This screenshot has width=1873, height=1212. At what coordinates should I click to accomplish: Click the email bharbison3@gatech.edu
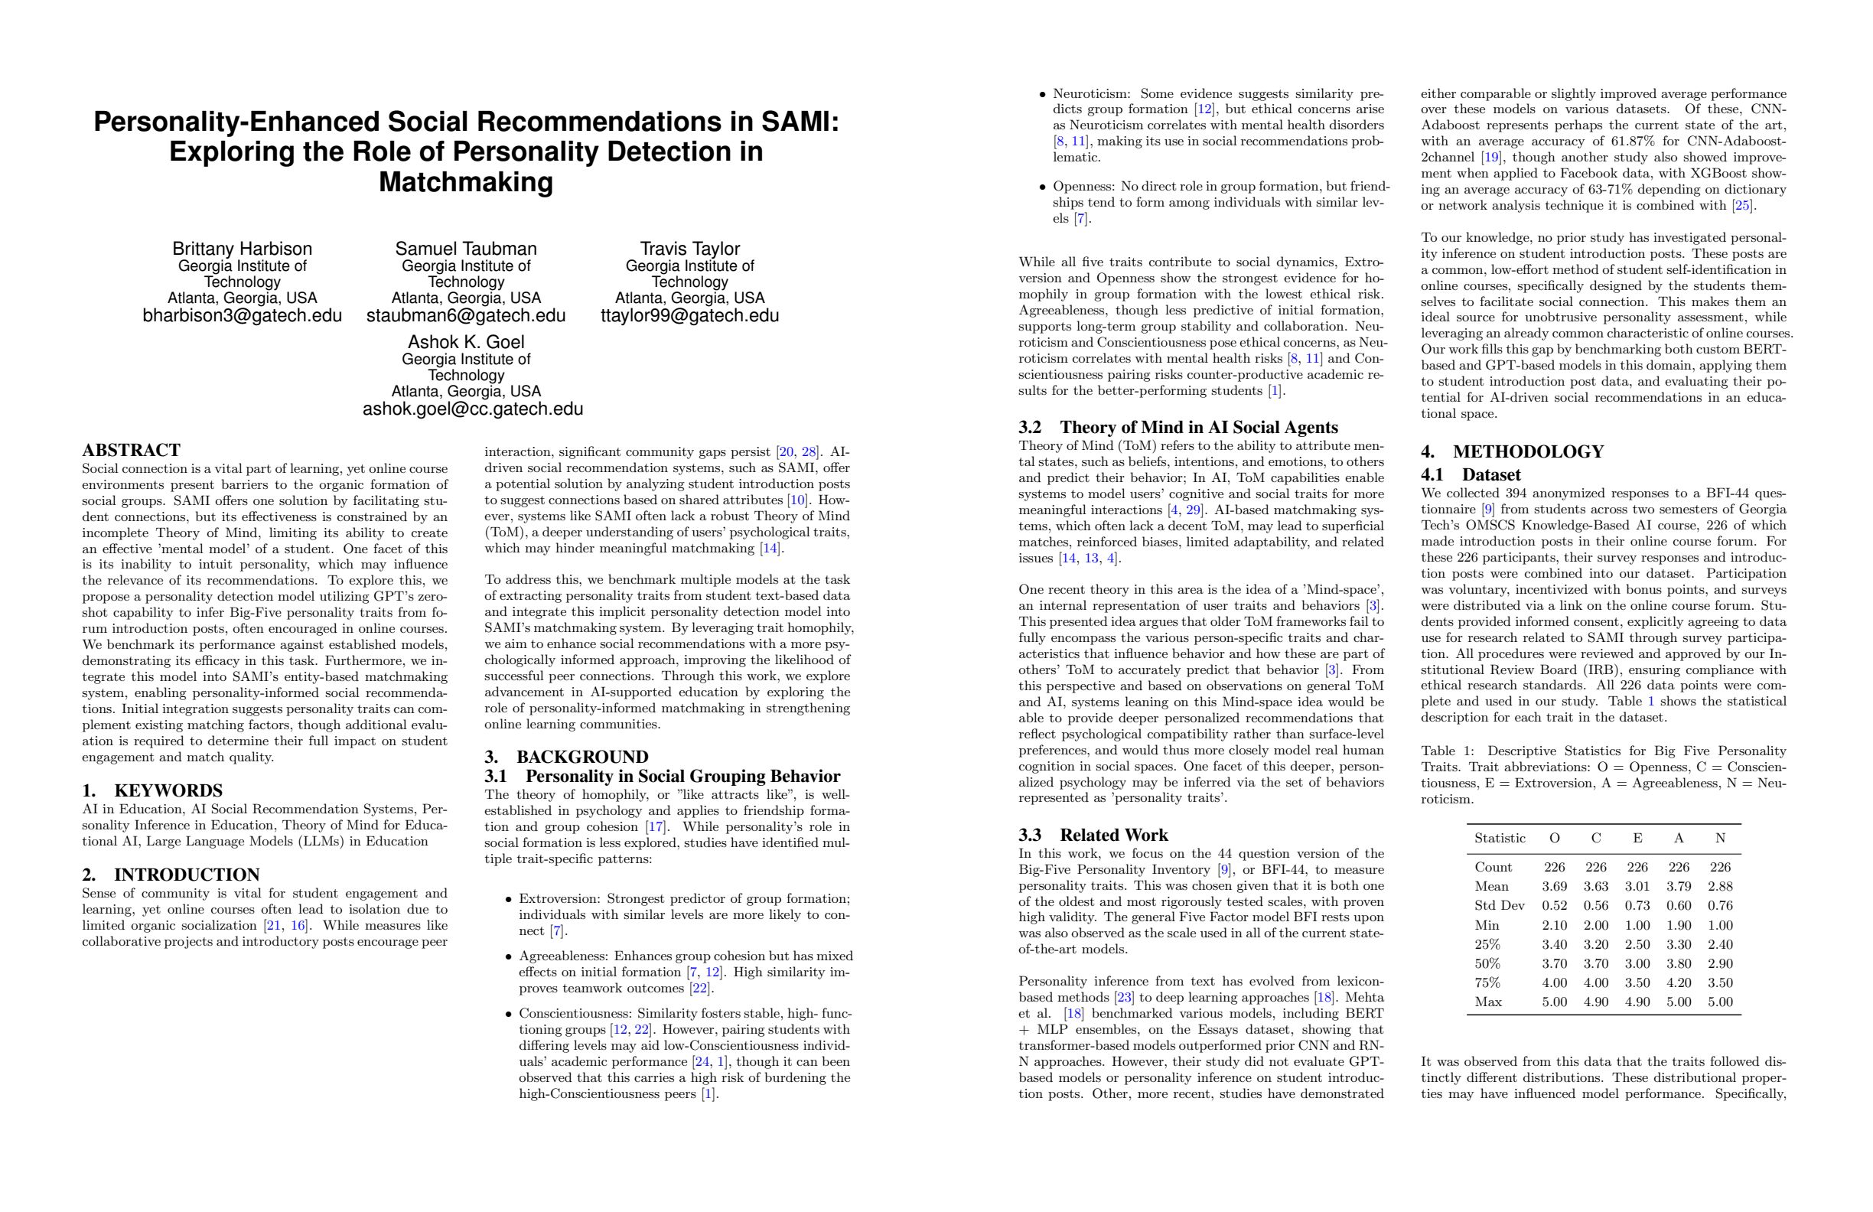[242, 315]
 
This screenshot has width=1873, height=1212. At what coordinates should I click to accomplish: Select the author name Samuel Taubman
[466, 249]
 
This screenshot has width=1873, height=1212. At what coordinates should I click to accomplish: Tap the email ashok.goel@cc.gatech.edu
[472, 409]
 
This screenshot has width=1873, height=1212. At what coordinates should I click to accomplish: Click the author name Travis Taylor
[689, 249]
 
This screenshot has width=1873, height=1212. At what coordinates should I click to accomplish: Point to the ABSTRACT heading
[132, 450]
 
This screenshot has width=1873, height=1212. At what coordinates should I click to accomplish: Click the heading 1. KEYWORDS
[153, 791]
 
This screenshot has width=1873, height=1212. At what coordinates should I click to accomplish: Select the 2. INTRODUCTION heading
[171, 875]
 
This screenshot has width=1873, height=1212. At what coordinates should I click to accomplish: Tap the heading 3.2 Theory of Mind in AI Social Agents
[1178, 428]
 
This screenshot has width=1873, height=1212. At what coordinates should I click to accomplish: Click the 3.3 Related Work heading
[1093, 835]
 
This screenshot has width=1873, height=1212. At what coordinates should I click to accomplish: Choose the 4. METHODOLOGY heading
[1512, 451]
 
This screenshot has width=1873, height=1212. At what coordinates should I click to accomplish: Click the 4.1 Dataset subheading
[1470, 474]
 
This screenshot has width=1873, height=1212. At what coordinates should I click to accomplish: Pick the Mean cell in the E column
[1637, 886]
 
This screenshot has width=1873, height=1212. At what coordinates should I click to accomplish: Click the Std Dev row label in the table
[1499, 906]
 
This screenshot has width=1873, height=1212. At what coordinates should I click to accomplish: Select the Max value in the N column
[1720, 1002]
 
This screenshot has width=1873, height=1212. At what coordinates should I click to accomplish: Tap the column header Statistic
[1499, 838]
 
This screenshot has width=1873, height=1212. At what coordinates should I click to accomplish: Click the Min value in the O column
[1554, 926]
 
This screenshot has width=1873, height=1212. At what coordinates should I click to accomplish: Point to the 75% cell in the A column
[1679, 983]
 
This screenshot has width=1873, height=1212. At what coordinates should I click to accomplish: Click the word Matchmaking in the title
[466, 183]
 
